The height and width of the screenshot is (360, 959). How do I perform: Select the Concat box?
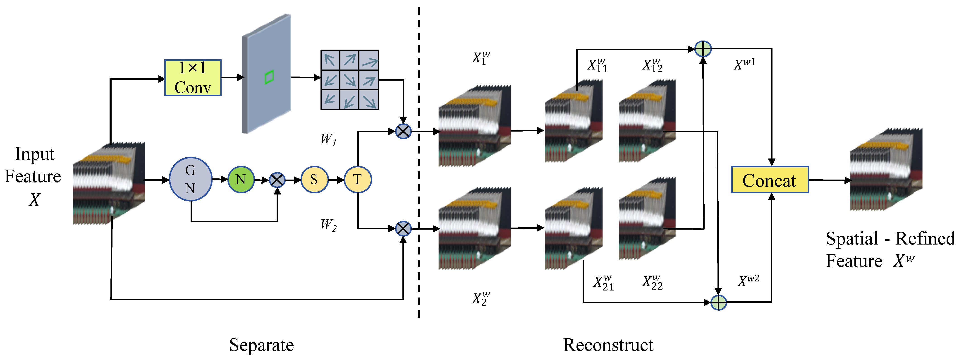[x=770, y=180]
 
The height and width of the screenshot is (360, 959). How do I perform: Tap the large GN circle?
[x=191, y=179]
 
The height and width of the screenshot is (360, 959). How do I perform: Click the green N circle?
[x=241, y=180]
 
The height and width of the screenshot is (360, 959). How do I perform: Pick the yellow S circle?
[x=314, y=180]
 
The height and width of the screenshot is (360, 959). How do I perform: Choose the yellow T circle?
[x=357, y=180]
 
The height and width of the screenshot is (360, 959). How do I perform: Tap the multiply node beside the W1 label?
[x=403, y=131]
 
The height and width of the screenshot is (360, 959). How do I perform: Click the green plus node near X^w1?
[x=703, y=49]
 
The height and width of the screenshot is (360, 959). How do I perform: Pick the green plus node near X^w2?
[x=718, y=302]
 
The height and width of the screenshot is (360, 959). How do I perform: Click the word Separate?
[x=261, y=345]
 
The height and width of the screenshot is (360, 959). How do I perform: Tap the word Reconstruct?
[x=608, y=345]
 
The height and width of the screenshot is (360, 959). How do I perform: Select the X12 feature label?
[x=652, y=65]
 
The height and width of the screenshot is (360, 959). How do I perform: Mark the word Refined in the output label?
[x=925, y=238]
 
